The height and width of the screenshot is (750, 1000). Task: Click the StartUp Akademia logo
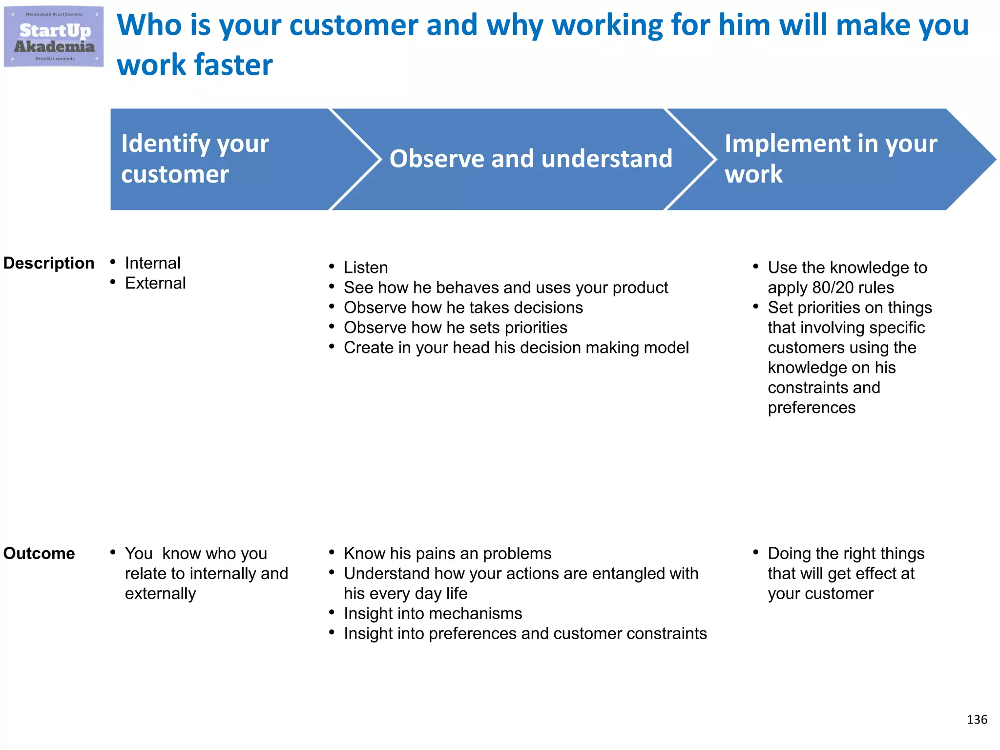tap(54, 37)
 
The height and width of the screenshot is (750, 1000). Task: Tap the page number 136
tap(977, 719)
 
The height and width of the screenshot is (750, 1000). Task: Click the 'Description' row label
tap(49, 263)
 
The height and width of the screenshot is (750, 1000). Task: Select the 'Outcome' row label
tap(39, 553)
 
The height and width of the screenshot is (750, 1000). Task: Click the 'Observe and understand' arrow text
tap(531, 159)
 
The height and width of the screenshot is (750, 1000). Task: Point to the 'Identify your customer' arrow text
tap(195, 159)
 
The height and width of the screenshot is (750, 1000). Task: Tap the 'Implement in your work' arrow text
tap(830, 159)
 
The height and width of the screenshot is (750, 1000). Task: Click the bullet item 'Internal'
tap(152, 263)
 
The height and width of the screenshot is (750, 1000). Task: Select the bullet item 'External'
tap(155, 283)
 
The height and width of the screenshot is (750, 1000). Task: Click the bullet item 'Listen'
tap(366, 268)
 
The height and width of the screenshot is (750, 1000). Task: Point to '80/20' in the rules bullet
tap(833, 288)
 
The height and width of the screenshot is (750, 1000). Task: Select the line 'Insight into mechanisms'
tap(433, 613)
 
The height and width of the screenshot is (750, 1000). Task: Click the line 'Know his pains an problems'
tap(447, 553)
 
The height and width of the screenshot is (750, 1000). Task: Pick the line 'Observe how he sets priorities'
tap(455, 328)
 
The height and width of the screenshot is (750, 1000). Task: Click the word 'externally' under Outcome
tap(160, 593)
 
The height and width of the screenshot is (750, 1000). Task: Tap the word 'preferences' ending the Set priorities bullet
tap(812, 408)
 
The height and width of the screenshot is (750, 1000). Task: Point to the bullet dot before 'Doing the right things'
tap(755, 552)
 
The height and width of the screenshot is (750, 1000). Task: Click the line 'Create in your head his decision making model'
tap(516, 348)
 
